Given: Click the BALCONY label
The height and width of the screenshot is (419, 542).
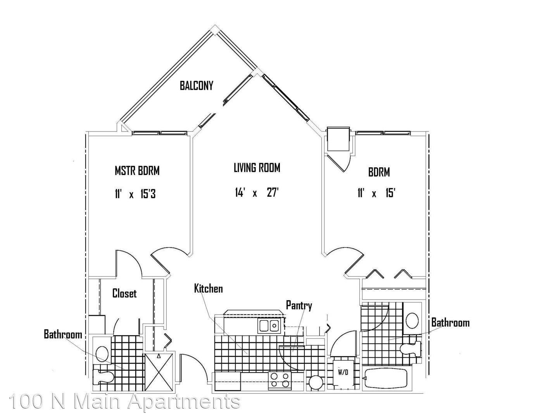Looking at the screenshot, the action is [x=196, y=86].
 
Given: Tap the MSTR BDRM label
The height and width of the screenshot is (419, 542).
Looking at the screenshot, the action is [x=137, y=171].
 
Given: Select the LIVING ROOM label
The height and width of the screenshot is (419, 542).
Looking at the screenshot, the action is [x=257, y=168].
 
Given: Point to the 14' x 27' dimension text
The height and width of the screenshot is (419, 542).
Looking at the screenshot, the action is [x=256, y=193].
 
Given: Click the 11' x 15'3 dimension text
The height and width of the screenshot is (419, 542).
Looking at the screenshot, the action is [x=135, y=194].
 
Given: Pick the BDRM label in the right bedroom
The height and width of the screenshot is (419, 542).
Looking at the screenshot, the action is [x=379, y=172].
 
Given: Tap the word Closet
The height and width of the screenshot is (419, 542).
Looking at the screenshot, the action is [x=124, y=293].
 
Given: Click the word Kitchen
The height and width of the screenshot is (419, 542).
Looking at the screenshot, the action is [x=208, y=289].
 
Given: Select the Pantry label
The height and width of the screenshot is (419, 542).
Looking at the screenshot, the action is [x=299, y=306].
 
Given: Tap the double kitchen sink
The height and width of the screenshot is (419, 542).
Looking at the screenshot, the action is [x=268, y=326].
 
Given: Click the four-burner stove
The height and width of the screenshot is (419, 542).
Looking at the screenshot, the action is [x=280, y=380].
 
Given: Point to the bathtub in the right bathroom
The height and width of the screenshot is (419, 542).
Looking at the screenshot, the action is [x=386, y=378].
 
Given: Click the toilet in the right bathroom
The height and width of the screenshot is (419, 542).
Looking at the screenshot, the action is [x=410, y=348].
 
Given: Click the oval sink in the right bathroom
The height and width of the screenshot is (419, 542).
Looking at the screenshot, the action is [x=412, y=321].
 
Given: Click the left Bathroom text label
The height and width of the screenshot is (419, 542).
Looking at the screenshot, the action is [x=63, y=334].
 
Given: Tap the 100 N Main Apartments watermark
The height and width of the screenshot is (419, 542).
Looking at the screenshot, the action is [x=125, y=402].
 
